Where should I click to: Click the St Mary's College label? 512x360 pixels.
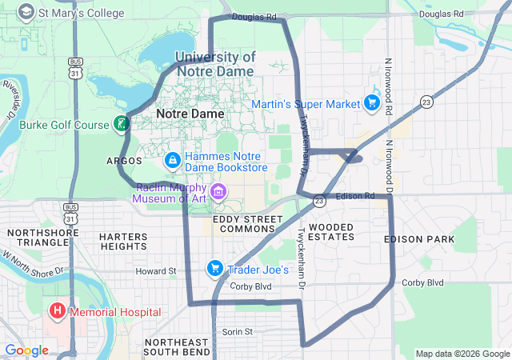pos(82,13)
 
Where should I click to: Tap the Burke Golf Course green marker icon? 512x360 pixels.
pos(121,124)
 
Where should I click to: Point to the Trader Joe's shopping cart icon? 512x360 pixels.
pos(214,269)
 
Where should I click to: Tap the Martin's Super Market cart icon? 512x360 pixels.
pos(371,103)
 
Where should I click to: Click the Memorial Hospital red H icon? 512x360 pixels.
pos(58,310)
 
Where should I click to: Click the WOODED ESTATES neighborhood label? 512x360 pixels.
pos(330,232)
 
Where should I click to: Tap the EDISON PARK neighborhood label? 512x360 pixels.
pos(418,239)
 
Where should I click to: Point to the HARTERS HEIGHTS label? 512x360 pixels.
pos(123,242)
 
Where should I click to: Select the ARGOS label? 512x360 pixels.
pos(124,161)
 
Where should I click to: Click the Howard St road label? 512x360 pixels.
pos(155,271)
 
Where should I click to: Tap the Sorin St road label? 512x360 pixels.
pos(237,331)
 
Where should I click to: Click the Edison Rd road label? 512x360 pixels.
pos(355,196)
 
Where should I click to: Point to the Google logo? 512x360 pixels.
pos(26,350)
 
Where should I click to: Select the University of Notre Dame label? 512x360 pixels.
pos(214,64)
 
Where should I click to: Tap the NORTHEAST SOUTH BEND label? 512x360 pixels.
pos(177,346)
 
